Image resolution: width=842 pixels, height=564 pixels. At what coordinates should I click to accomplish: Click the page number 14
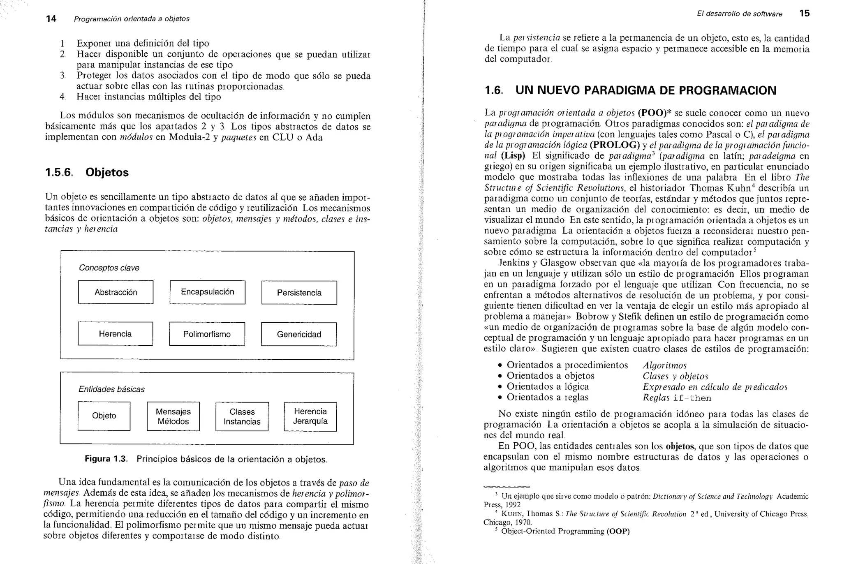51,18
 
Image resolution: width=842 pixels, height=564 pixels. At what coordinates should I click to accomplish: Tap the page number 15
804,13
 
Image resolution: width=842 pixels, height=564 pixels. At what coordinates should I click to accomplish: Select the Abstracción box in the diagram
116,292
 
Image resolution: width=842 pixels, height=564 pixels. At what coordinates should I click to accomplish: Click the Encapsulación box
207,292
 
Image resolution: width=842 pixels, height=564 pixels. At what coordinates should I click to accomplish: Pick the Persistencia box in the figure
299,293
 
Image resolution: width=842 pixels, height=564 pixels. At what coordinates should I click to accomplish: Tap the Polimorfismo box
207,334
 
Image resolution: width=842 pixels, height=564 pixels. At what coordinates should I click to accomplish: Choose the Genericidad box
298,334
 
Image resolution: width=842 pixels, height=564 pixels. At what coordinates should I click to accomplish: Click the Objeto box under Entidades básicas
104,416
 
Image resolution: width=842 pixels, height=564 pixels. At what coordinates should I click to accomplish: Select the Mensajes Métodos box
173,416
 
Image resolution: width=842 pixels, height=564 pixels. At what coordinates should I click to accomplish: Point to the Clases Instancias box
242,416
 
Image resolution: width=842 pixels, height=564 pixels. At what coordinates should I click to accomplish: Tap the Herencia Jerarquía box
310,416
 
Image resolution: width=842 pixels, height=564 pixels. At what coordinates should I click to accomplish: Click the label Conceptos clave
109,268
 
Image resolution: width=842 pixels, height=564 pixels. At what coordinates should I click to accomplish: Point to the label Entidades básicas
111,389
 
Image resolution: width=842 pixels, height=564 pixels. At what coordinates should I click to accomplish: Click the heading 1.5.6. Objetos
87,172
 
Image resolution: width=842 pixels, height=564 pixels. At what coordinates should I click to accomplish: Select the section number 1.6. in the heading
494,90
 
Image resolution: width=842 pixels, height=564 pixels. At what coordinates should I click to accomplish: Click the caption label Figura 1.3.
106,459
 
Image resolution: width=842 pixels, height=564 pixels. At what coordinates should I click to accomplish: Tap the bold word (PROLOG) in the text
615,145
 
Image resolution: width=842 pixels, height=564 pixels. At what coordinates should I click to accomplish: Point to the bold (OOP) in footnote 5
618,531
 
